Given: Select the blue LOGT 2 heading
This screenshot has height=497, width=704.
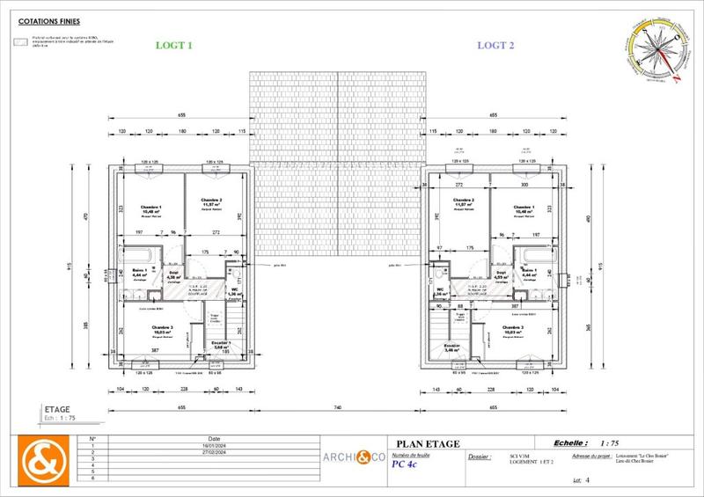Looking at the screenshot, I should pos(495,45).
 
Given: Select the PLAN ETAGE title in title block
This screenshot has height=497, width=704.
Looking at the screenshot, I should pos(428,444).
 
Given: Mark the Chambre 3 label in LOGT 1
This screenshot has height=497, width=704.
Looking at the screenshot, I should pos(161,329).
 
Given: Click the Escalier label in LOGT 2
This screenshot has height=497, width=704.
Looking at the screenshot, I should pos(452,346).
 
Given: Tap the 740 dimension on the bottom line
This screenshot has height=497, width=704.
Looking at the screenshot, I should pos(337,407).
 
